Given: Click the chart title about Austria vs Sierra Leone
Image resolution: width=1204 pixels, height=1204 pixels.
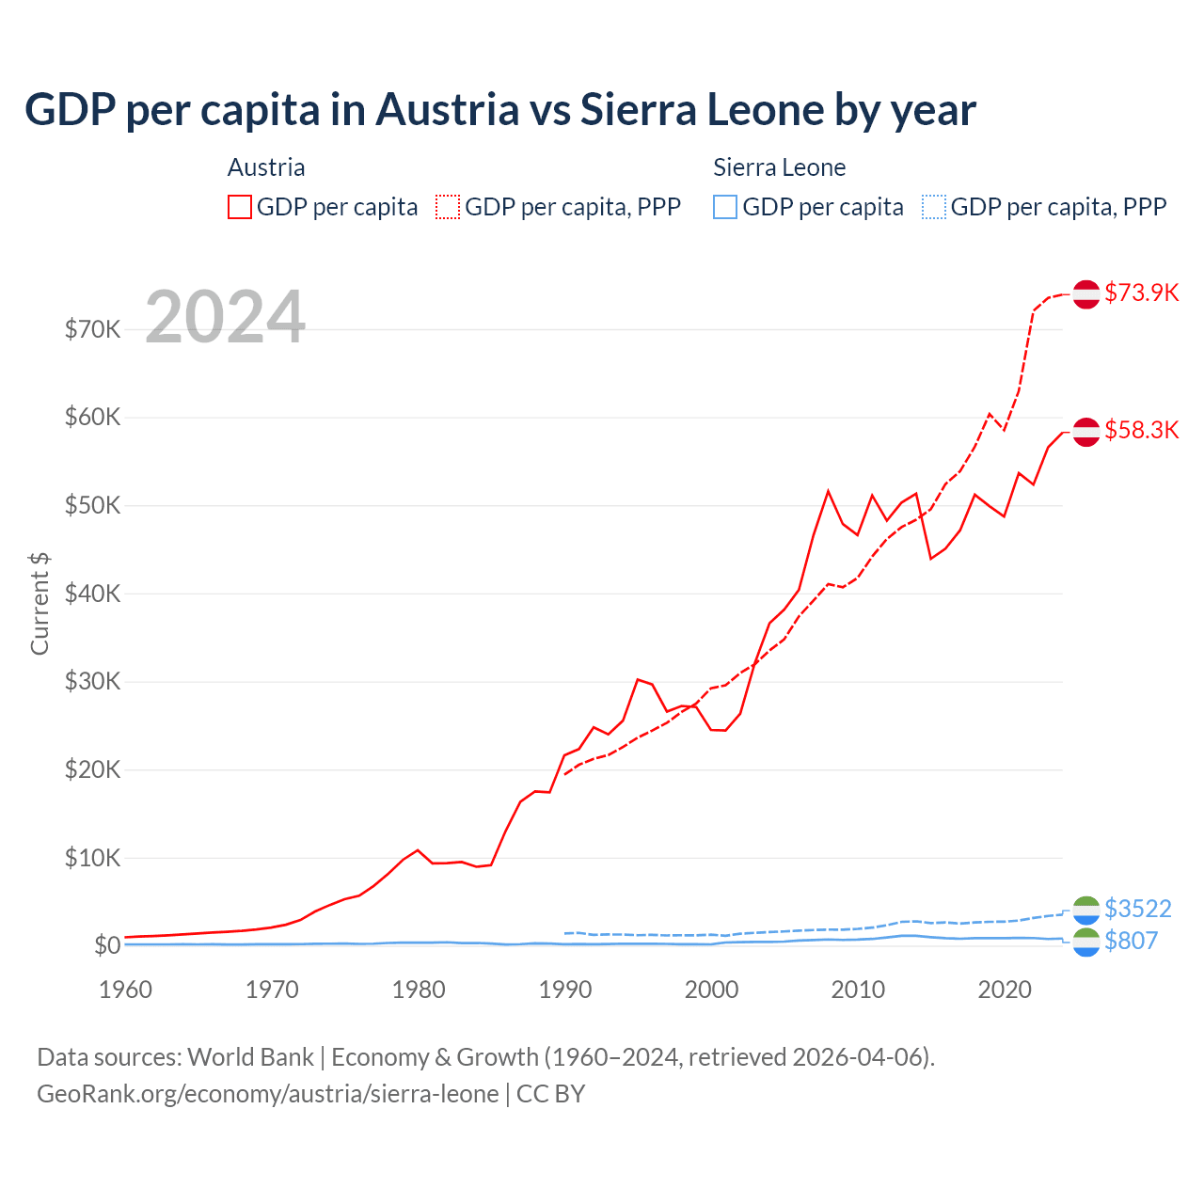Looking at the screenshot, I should pyautogui.click(x=499, y=110).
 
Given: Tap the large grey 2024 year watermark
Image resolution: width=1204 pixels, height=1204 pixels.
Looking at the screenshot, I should pyautogui.click(x=225, y=317).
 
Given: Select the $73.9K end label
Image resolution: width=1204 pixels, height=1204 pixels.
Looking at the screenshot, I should pyautogui.click(x=1141, y=293).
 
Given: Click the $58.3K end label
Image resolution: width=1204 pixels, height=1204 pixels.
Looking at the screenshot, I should pyautogui.click(x=1141, y=430).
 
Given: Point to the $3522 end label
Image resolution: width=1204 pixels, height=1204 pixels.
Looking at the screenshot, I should pyautogui.click(x=1137, y=909).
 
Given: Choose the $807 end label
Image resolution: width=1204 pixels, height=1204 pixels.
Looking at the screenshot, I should pyautogui.click(x=1131, y=941).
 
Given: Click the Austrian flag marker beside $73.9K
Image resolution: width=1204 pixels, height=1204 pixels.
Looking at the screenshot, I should pyautogui.click(x=1086, y=293).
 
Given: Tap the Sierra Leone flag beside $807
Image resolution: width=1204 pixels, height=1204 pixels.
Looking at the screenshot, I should pyautogui.click(x=1086, y=942).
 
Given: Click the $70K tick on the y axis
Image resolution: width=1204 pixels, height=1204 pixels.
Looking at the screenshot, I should pyautogui.click(x=93, y=329).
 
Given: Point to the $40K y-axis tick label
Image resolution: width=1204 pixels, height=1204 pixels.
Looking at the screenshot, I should pyautogui.click(x=93, y=594).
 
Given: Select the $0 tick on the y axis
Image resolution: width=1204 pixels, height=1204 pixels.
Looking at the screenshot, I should pyautogui.click(x=107, y=945).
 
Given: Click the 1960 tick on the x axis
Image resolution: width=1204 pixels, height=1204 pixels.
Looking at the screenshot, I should pyautogui.click(x=126, y=990).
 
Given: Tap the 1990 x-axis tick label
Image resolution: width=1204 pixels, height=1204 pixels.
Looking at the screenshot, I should pyautogui.click(x=565, y=990).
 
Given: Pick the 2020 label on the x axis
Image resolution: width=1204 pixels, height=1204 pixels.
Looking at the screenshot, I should pyautogui.click(x=1005, y=990).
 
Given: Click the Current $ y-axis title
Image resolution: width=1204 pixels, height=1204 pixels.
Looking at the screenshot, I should pyautogui.click(x=40, y=604).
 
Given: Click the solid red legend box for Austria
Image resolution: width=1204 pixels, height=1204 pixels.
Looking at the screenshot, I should pyautogui.click(x=240, y=207).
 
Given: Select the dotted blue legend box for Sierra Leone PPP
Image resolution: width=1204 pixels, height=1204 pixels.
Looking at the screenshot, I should pyautogui.click(x=934, y=207).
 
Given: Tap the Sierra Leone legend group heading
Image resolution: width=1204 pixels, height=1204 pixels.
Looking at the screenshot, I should pyautogui.click(x=779, y=167).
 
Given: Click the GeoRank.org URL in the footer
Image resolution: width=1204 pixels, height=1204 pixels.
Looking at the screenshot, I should pyautogui.click(x=268, y=1094).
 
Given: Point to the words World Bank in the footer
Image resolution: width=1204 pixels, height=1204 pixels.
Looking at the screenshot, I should pyautogui.click(x=250, y=1057).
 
